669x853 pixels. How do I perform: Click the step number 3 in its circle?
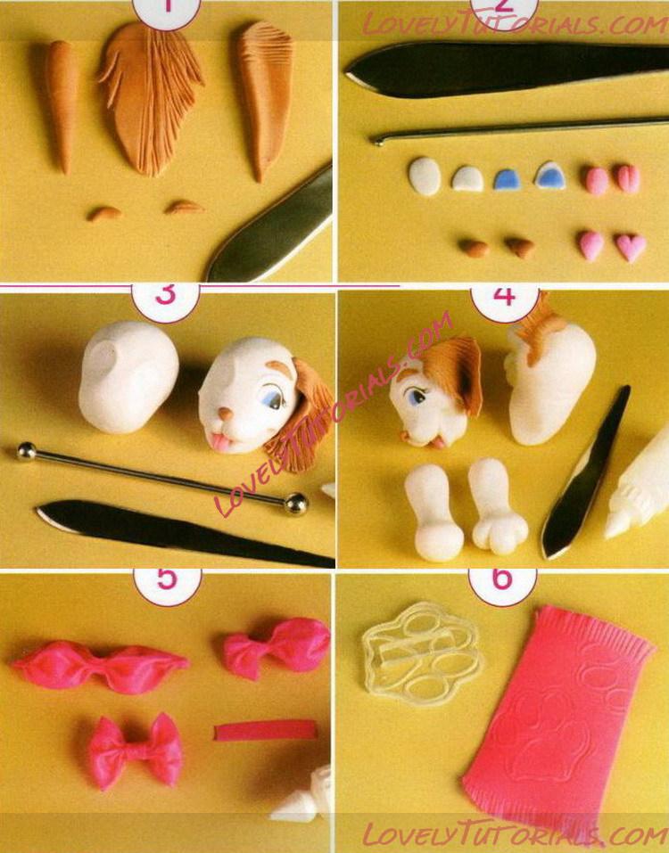(x=166, y=294)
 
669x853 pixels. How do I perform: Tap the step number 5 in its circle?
(x=167, y=578)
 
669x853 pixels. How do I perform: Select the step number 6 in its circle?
(x=502, y=578)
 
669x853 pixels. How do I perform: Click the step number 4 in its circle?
(x=504, y=296)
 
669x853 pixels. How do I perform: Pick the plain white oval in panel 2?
(x=425, y=176)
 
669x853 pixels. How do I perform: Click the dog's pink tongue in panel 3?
(x=220, y=442)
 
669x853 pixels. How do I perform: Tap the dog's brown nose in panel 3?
(x=226, y=414)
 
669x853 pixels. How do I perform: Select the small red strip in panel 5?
(x=265, y=730)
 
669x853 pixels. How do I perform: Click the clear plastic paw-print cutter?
(x=422, y=652)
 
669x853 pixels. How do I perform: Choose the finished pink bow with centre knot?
(x=135, y=750)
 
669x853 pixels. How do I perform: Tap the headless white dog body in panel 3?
(x=128, y=377)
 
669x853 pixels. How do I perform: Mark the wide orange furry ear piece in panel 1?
(x=150, y=98)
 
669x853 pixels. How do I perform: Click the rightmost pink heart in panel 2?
(x=631, y=247)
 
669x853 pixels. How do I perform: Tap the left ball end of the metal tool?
(x=26, y=451)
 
